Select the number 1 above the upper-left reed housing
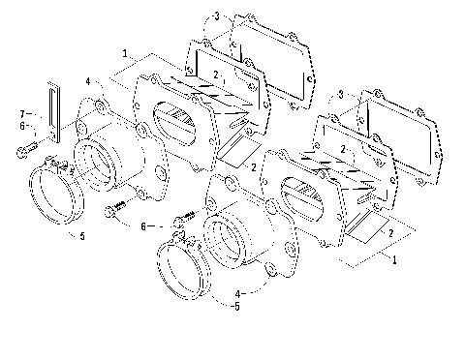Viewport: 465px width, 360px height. [x=126, y=54]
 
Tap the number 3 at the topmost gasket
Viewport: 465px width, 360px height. [x=217, y=16]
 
